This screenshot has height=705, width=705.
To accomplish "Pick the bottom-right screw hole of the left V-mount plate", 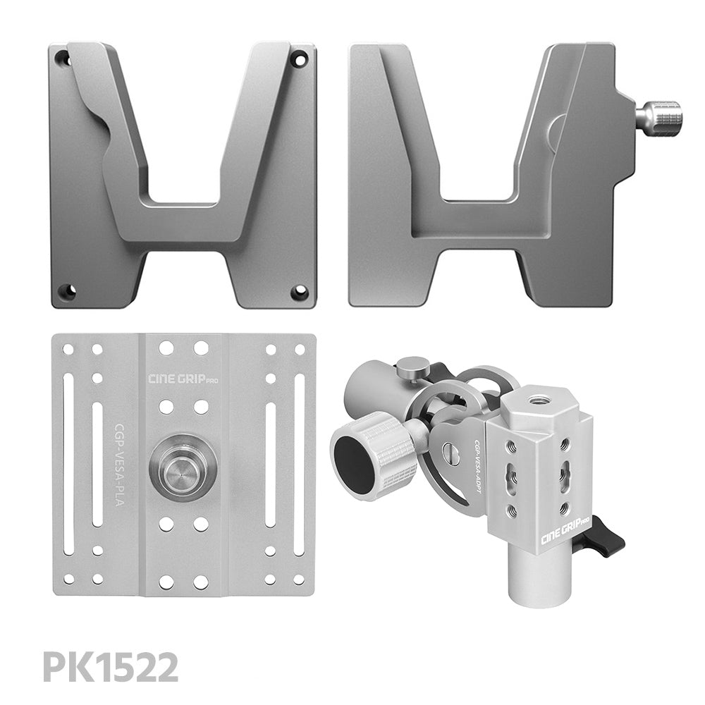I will coord(300,291).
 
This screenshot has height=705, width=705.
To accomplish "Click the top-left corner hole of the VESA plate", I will coord(68,349).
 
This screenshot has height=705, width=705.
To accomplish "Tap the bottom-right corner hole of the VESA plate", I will coord(300,580).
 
